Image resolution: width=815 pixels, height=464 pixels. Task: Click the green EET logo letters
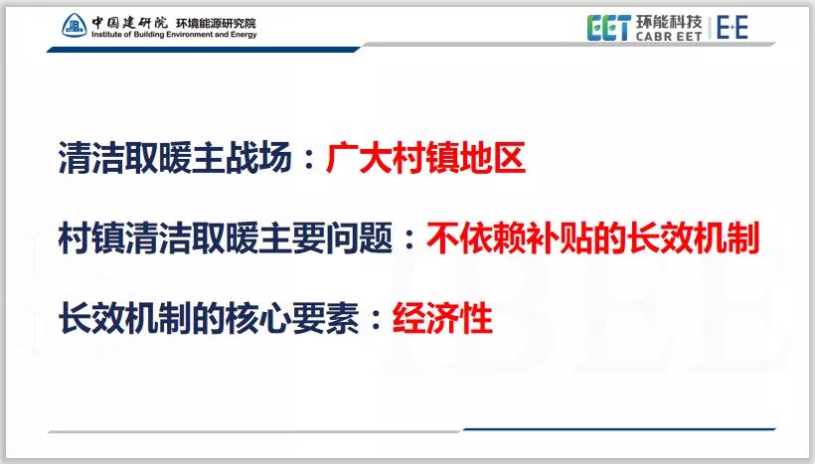(608, 27)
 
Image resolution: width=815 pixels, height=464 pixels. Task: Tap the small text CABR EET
(668, 36)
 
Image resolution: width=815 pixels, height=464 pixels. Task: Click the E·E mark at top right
(733, 27)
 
